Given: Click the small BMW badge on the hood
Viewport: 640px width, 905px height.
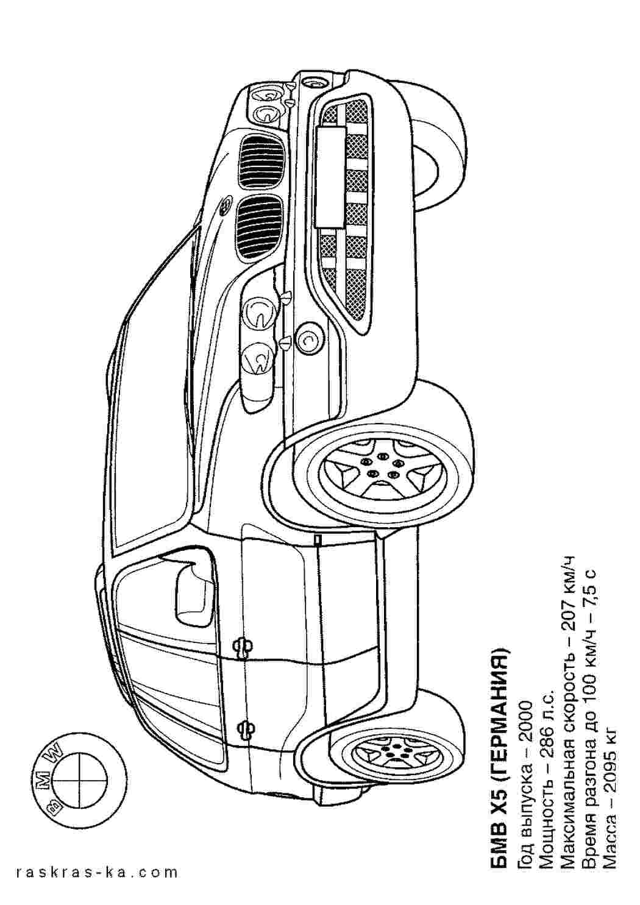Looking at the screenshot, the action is pyautogui.click(x=225, y=206).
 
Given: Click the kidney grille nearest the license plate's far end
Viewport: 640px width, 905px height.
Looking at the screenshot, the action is pyautogui.click(x=258, y=229).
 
